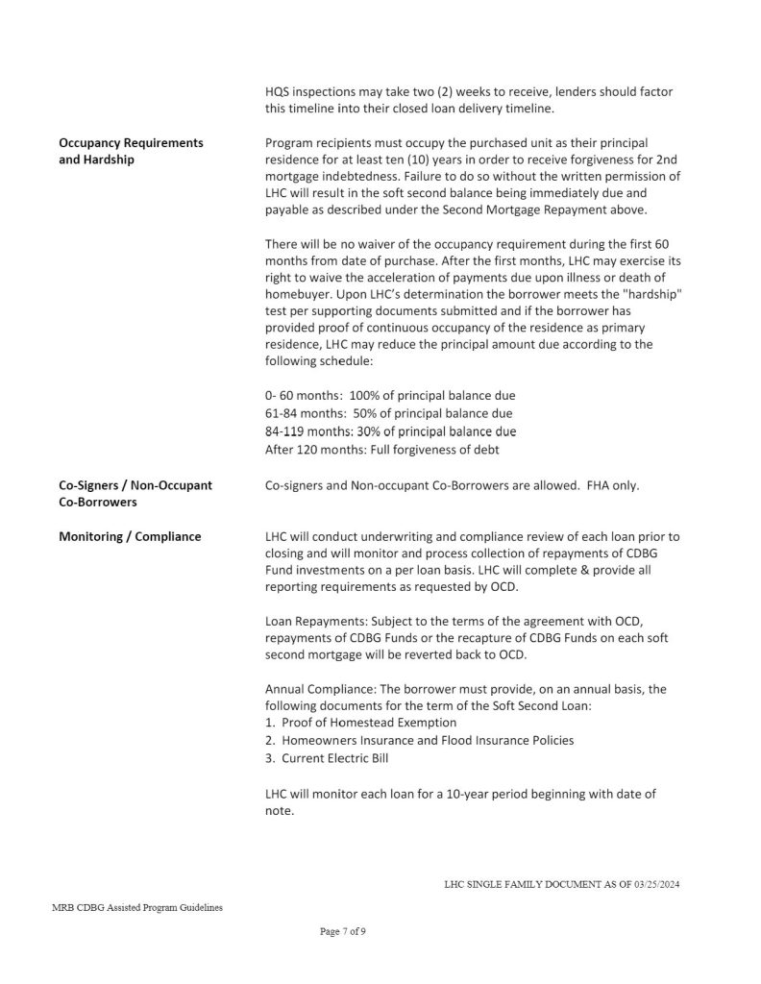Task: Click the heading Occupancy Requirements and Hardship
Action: tap(131, 151)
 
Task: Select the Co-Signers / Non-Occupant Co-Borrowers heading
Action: tap(135, 494)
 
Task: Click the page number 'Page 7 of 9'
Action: tap(342, 931)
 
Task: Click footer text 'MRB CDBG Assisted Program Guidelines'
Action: tap(138, 907)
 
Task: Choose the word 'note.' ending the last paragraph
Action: tap(279, 811)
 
